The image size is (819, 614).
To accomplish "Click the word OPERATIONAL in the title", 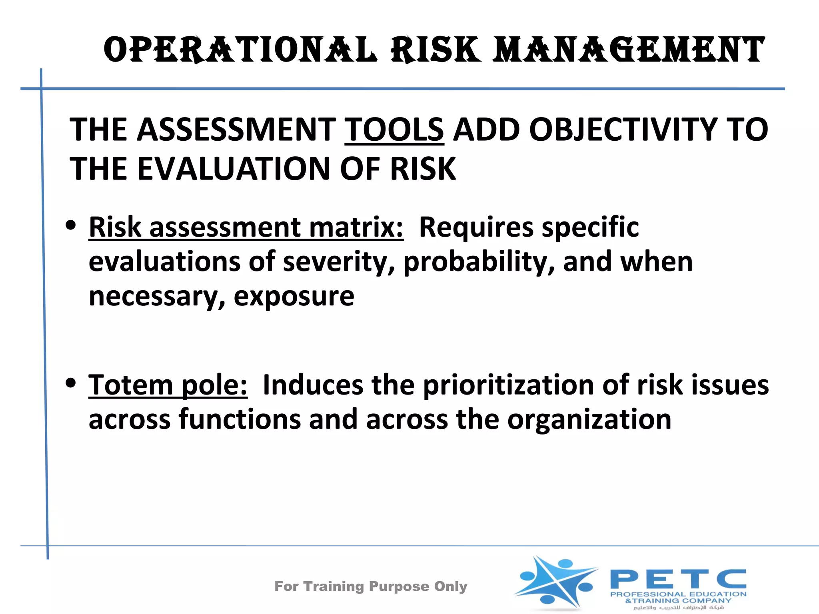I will [240, 50].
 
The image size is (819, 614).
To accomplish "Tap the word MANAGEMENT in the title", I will [628, 50].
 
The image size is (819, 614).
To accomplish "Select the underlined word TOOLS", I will [394, 130].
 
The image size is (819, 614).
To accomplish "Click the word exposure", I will [294, 297].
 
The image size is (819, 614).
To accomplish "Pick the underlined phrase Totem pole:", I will [168, 385].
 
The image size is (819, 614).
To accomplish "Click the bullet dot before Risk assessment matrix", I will [71, 225].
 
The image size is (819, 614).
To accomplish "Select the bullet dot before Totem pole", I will [71, 383].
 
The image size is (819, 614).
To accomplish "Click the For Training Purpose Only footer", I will [371, 586].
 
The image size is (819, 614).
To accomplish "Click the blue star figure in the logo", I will [556, 582].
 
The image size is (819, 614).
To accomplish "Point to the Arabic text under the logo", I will [679, 608].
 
